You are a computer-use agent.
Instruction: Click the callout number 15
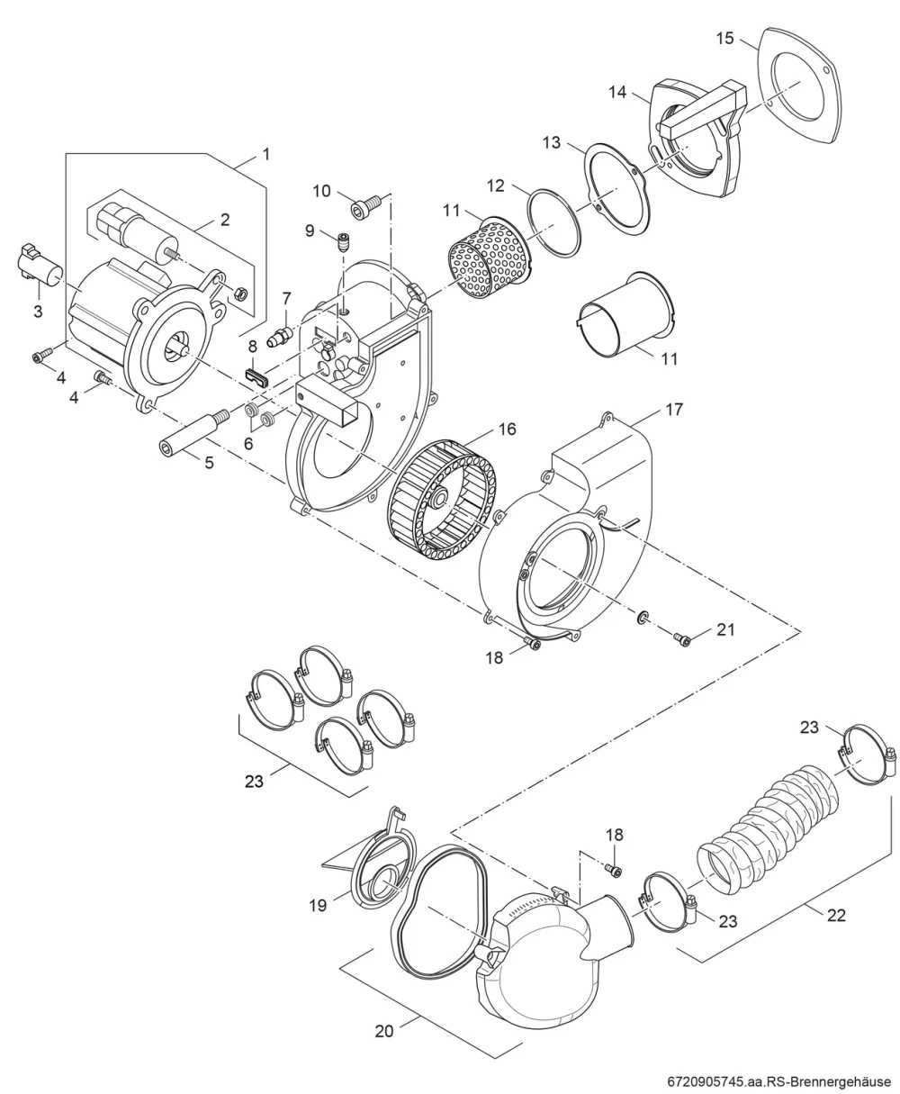click(725, 39)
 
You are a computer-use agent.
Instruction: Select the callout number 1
click(266, 154)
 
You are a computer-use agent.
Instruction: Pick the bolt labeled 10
click(366, 209)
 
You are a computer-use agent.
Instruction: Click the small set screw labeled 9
click(342, 241)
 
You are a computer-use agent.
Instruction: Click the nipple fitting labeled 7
click(281, 336)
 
